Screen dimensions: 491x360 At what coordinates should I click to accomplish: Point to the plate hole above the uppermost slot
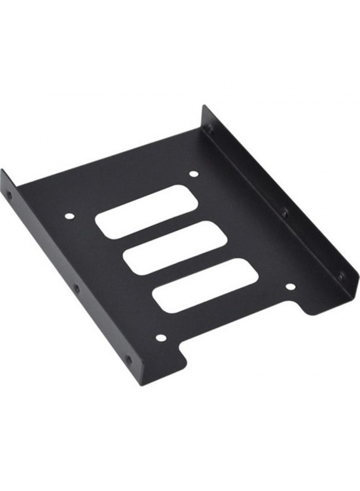pos(193,174)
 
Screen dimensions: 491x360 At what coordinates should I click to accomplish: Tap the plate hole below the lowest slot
pos(161,338)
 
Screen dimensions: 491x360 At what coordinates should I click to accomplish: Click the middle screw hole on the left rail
pos(77,288)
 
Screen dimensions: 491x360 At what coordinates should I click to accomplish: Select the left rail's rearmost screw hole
pos(9,194)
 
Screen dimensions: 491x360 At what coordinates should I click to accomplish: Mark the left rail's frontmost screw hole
pos(128,359)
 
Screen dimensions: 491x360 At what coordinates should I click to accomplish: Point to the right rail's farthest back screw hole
pos(209,129)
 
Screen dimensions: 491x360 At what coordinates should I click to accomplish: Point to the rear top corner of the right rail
pos(204,106)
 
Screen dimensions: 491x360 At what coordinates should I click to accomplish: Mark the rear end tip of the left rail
pos(3,172)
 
